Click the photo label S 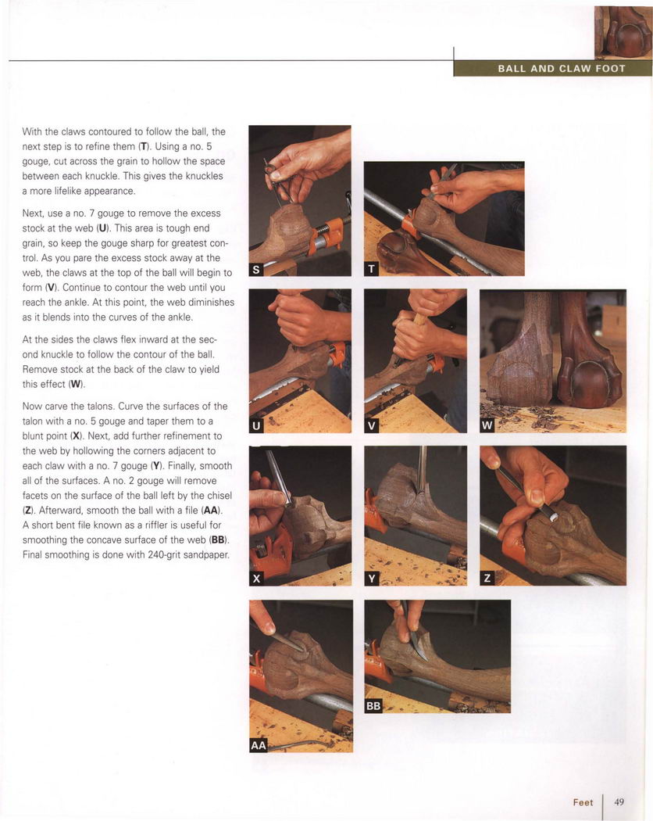click(x=256, y=270)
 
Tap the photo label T click(x=371, y=269)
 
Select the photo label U click(x=256, y=425)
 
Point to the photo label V click(x=371, y=425)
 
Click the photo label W click(x=487, y=425)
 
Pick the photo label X click(x=256, y=579)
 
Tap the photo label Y click(x=372, y=579)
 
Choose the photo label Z click(x=487, y=579)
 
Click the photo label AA click(x=259, y=745)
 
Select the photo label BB click(x=373, y=706)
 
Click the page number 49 click(x=619, y=801)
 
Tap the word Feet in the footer click(x=583, y=802)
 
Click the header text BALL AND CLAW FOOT click(x=562, y=69)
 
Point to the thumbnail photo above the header click(x=623, y=33)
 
